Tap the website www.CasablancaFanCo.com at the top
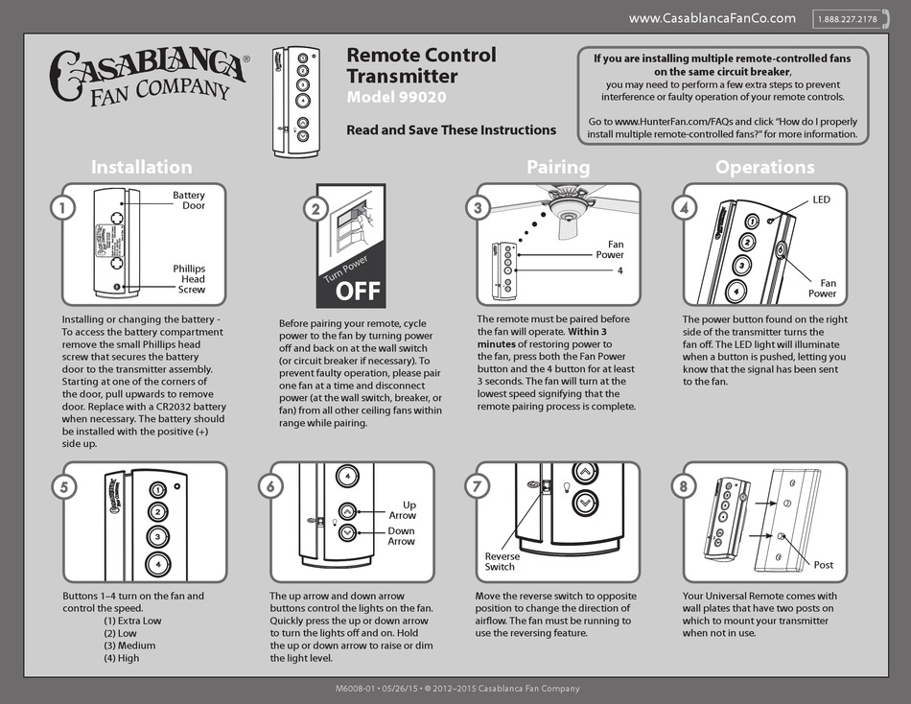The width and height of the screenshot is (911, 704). click(712, 18)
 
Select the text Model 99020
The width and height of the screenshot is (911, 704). click(396, 98)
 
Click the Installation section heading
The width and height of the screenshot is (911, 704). click(141, 167)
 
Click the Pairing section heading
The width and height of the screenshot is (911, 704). click(558, 167)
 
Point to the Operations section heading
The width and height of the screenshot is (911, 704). click(764, 167)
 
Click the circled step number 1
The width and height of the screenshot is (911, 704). click(61, 208)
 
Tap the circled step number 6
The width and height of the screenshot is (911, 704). click(271, 486)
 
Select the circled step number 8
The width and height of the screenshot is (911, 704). click(683, 486)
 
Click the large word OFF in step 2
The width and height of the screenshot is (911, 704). click(357, 290)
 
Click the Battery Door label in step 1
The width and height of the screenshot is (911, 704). click(189, 200)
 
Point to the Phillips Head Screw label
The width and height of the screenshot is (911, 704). click(189, 278)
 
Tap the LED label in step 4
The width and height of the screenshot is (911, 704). click(821, 200)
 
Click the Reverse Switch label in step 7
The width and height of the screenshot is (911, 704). click(502, 562)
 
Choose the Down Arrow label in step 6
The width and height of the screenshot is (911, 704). click(401, 536)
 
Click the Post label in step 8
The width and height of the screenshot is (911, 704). click(823, 565)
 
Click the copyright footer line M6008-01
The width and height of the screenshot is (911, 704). click(456, 689)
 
